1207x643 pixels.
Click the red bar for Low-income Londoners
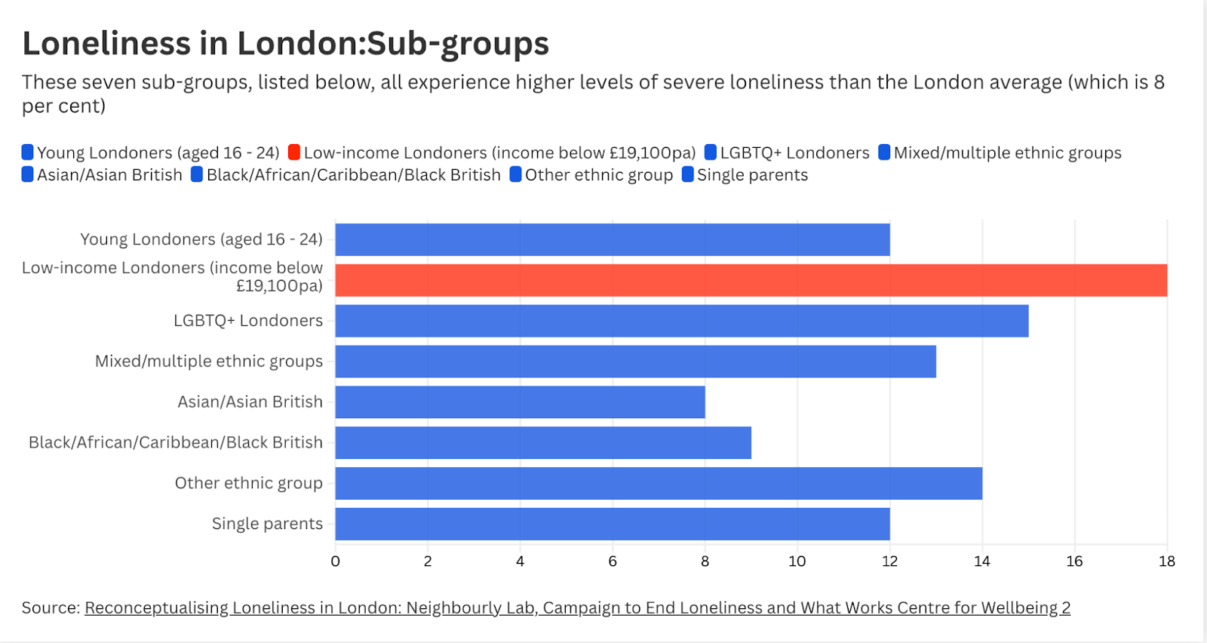751,280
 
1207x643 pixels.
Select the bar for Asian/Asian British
520,402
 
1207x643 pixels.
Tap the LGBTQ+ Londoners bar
681,321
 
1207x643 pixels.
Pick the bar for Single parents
612,524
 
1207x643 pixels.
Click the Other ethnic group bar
658,483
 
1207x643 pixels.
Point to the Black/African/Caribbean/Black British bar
543,443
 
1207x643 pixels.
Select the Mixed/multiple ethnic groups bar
635,361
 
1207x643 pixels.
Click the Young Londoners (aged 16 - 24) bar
612,239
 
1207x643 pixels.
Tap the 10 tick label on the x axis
797,561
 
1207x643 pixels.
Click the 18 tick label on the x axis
1166,561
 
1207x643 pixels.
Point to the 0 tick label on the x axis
336,561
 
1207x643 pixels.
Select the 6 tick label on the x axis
613,561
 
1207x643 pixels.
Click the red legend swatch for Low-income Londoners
294,152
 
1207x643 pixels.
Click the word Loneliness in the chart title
106,44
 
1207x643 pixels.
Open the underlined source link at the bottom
577,608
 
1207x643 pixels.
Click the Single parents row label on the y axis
267,524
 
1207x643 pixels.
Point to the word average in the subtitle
1025,82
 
